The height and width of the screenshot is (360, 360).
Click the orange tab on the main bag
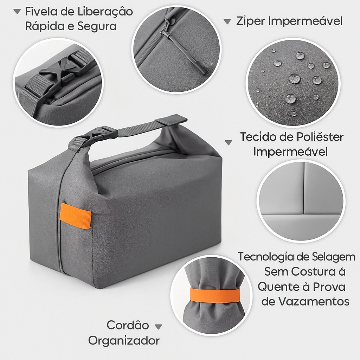pyautogui.click(x=75, y=216)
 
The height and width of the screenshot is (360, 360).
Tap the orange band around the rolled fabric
pyautogui.click(x=215, y=295)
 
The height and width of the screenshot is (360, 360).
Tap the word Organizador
pyautogui.click(x=124, y=341)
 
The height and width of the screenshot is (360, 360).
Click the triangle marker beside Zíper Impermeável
pyautogui.click(x=227, y=21)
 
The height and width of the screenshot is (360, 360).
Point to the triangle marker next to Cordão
pyautogui.click(x=158, y=327)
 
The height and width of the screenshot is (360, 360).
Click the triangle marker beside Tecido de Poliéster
pyautogui.click(x=228, y=143)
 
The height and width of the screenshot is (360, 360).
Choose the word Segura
pyautogui.click(x=97, y=27)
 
